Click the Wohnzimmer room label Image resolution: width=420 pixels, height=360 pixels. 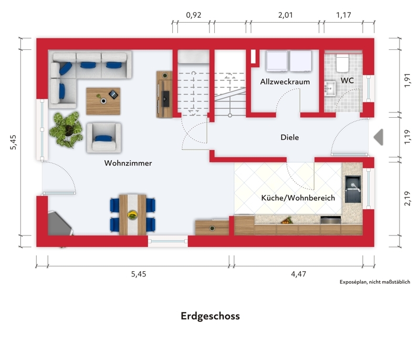128,163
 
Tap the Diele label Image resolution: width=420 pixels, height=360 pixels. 290,137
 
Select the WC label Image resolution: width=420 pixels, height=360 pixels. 347,80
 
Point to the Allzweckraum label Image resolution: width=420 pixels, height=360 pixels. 285,81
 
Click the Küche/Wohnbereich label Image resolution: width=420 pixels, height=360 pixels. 298,198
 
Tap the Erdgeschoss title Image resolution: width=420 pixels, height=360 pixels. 211,316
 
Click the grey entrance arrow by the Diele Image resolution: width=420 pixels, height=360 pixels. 379,137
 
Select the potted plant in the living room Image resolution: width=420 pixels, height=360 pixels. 66,129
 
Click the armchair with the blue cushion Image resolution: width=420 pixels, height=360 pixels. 104,138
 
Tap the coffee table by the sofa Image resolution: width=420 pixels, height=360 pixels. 103,101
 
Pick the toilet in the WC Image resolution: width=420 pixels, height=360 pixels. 343,63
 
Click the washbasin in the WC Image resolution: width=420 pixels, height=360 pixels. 330,88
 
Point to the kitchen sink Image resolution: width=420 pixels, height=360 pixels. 353,189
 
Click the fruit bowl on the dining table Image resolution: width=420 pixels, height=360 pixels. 132,215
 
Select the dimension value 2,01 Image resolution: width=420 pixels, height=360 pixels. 285,15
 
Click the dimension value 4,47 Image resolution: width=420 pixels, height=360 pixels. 298,274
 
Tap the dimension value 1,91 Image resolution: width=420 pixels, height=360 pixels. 407,80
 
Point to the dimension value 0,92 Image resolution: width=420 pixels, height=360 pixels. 193,15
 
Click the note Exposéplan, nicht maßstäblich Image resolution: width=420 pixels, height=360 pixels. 375,282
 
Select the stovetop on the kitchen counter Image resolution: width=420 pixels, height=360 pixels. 331,220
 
